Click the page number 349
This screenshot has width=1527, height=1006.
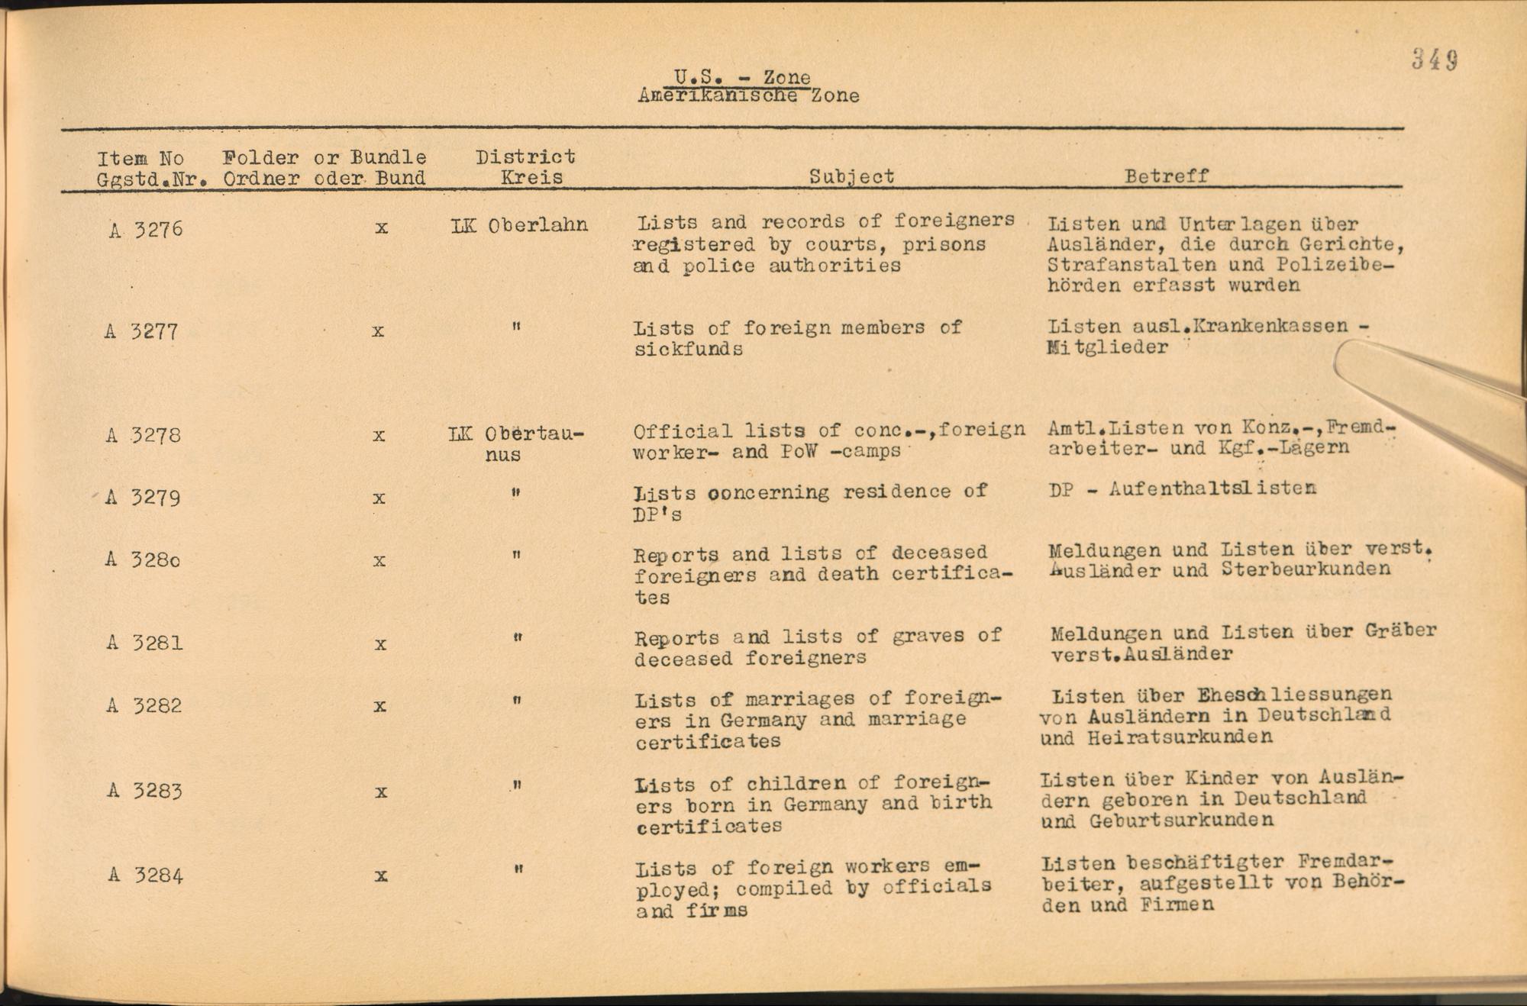point(1435,59)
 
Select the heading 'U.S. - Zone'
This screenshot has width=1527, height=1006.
point(741,77)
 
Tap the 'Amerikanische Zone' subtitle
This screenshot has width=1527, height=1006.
point(748,96)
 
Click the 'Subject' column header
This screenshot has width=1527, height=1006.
point(851,176)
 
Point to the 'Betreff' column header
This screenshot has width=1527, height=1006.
point(1166,176)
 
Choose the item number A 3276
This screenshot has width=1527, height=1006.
point(146,229)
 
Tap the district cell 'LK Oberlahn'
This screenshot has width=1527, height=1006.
point(519,225)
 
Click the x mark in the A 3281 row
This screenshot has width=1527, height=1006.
point(380,644)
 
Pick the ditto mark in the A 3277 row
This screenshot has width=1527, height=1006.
point(517,327)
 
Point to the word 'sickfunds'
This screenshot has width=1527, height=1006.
point(688,349)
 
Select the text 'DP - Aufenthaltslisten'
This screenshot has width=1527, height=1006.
point(1183,488)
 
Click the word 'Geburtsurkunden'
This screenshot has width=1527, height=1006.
point(1181,821)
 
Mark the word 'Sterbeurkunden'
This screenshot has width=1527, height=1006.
point(1306,569)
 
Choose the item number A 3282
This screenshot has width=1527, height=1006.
point(144,705)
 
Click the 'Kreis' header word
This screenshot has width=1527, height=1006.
point(531,178)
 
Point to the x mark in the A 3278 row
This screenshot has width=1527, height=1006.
point(379,436)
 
